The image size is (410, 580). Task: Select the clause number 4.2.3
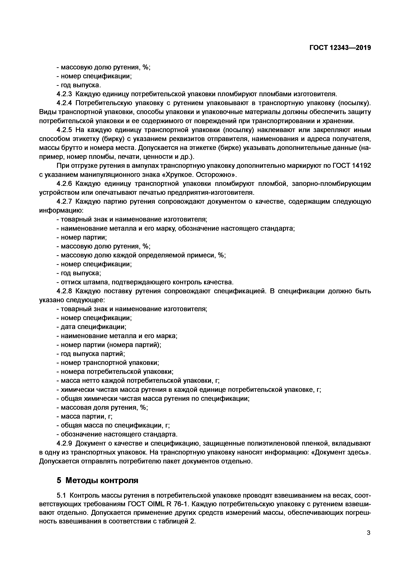[64, 94]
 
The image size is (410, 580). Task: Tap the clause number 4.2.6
[64, 184]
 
